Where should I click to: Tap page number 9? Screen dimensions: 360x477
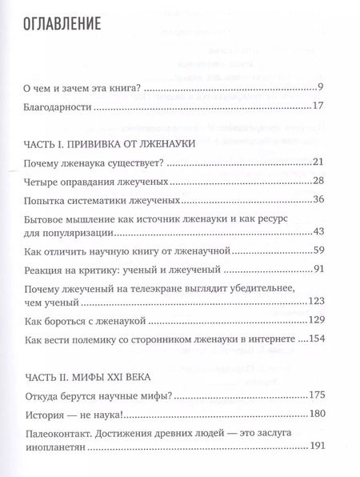[x=318, y=87]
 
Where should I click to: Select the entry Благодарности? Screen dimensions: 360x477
[x=59, y=107]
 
